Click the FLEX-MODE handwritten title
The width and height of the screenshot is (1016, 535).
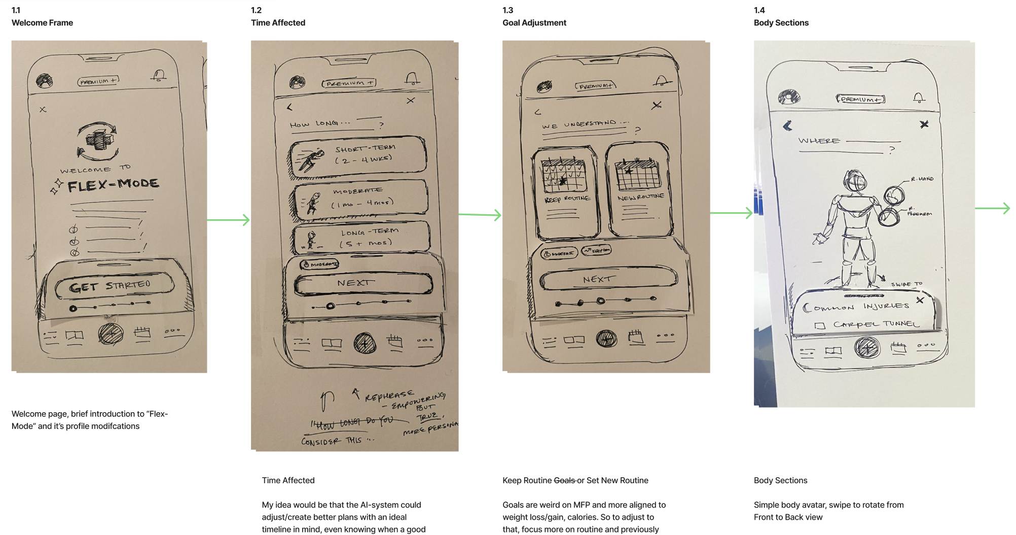[113, 185]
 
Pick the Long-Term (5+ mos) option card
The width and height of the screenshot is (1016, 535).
[361, 237]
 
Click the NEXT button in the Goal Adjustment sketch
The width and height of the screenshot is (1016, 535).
[608, 280]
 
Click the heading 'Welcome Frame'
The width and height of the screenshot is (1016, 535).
[42, 23]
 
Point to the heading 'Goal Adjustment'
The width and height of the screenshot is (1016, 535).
[534, 23]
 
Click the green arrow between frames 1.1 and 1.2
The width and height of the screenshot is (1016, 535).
[229, 220]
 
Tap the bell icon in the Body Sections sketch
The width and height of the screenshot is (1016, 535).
[918, 98]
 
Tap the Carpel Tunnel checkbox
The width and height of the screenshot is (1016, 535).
[820, 325]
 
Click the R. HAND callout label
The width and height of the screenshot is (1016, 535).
[922, 179]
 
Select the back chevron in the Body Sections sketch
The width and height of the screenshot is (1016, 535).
[787, 126]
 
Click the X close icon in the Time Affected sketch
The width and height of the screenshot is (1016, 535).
[411, 101]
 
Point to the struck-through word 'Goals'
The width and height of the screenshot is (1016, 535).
[564, 480]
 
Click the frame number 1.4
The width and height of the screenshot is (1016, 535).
[759, 10]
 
